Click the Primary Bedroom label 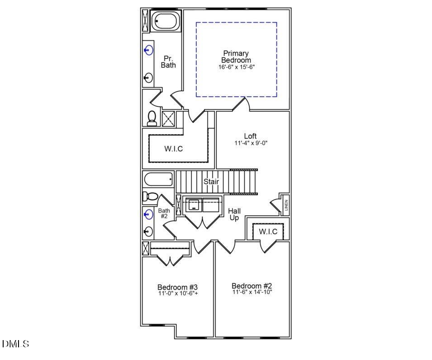(x=236, y=57)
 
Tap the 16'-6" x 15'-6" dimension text (x=236, y=67)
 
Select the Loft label (x=250, y=136)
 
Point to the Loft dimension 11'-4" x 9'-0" (x=250, y=143)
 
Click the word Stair (x=211, y=182)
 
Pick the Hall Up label (x=234, y=214)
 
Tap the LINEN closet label (x=286, y=205)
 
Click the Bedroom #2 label (x=252, y=286)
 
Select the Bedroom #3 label (x=177, y=287)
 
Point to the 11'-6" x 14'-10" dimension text (x=252, y=292)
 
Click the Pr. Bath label (x=168, y=62)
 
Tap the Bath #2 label (x=163, y=213)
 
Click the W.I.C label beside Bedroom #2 (x=268, y=232)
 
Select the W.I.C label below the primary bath (x=174, y=149)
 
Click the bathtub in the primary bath (x=165, y=21)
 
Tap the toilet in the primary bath (x=152, y=118)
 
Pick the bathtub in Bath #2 (x=158, y=180)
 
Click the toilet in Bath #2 (x=149, y=196)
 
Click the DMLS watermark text (x=15, y=344)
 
